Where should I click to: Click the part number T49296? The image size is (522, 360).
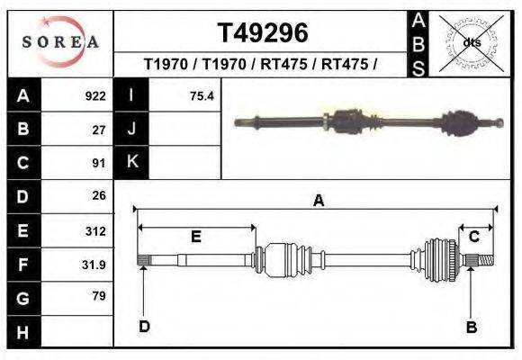pyautogui.click(x=264, y=32)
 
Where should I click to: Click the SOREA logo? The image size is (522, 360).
pyautogui.click(x=60, y=42)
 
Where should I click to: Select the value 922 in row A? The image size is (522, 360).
pyautogui.click(x=94, y=95)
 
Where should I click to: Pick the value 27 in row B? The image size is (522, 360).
pyautogui.click(x=99, y=129)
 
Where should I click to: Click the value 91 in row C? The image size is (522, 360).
pyautogui.click(x=99, y=163)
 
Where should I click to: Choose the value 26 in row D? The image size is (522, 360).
pyautogui.click(x=99, y=195)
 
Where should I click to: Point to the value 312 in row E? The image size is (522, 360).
pyautogui.click(x=94, y=230)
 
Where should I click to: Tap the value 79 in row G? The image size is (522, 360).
pyautogui.click(x=99, y=296)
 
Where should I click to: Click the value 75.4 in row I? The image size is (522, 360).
pyautogui.click(x=202, y=95)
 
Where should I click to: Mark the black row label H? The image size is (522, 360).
pyautogui.click(x=22, y=332)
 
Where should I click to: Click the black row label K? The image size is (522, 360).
pyautogui.click(x=132, y=162)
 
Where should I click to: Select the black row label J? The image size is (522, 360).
pyautogui.click(x=132, y=129)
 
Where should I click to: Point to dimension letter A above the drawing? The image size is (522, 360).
pyautogui.click(x=318, y=202)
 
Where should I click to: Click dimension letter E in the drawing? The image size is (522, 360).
pyautogui.click(x=195, y=237)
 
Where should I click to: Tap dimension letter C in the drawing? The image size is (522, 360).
pyautogui.click(x=473, y=237)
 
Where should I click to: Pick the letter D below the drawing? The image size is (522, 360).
pyautogui.click(x=144, y=326)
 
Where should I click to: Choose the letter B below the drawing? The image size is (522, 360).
pyautogui.click(x=471, y=327)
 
